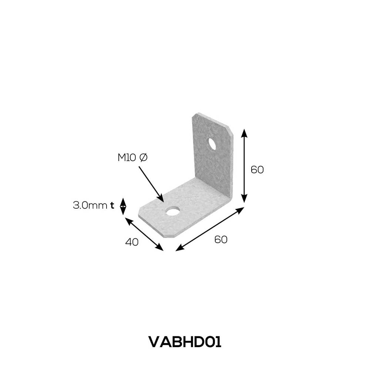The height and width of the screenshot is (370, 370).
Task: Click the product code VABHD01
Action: click(185, 342)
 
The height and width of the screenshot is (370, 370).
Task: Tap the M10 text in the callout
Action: click(127, 158)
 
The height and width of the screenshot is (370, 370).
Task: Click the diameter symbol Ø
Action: click(143, 158)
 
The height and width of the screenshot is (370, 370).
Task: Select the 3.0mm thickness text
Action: click(90, 205)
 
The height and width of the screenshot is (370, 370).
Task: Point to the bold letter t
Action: click(112, 205)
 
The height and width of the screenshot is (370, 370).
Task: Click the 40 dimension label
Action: click(132, 242)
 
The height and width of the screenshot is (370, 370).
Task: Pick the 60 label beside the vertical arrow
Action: click(257, 170)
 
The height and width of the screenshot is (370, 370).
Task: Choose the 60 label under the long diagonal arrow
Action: click(221, 239)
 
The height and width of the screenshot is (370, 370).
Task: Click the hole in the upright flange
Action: click(212, 144)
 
